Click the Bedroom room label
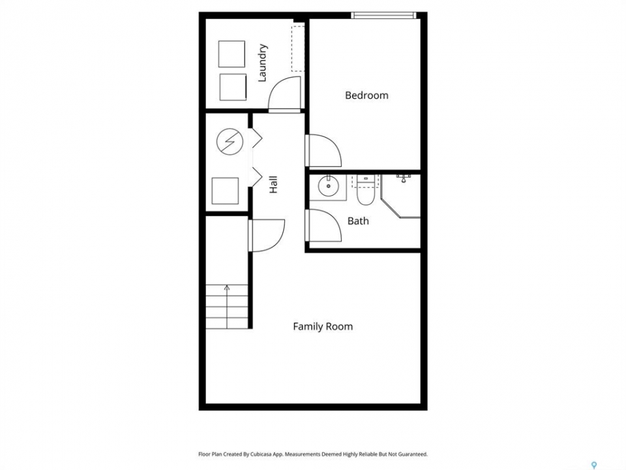pos(366,95)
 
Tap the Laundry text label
pos(262,63)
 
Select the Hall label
pos(273,185)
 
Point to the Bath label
pos(358,221)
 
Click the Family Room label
pos(323,326)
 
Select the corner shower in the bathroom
pos(400,196)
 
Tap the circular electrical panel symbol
pos(230,142)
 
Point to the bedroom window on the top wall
pos(383,15)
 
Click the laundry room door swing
pos(284,93)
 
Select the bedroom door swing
pos(323,150)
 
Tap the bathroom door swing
pos(323,225)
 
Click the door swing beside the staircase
pos(266,236)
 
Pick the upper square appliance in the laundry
pos(231,54)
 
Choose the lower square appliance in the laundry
pos(233,87)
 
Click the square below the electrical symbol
pos(225,191)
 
